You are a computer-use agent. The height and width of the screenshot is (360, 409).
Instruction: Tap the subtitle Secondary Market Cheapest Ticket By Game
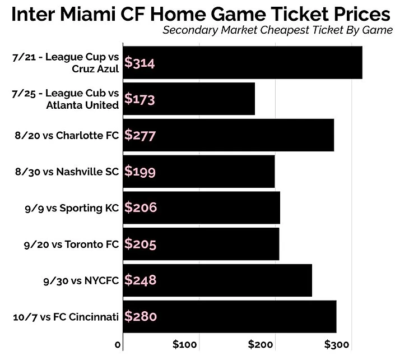coord(277,30)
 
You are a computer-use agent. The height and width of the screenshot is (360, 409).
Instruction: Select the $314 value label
coord(140,63)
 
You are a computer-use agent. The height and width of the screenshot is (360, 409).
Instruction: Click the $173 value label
coord(140,99)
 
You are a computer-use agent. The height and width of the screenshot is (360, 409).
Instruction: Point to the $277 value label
coord(140,135)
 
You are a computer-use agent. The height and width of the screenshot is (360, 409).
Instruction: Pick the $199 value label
coord(140,171)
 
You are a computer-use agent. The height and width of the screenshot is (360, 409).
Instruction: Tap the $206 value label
coord(140,207)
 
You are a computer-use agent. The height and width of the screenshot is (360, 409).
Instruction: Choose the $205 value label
coord(140,244)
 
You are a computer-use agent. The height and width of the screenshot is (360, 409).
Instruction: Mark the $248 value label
coord(140,280)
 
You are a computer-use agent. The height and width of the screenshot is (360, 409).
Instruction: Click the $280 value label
coord(140,316)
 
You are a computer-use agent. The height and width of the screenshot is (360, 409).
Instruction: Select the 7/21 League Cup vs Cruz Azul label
coord(65,63)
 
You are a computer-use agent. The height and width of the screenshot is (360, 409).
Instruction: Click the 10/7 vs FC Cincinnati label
coord(66,317)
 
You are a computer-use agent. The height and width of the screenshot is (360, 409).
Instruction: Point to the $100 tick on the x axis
coord(185,344)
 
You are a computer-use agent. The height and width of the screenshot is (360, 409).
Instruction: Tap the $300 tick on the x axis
coord(337,344)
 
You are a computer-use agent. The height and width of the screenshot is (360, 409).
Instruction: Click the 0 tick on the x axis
coord(118,344)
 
